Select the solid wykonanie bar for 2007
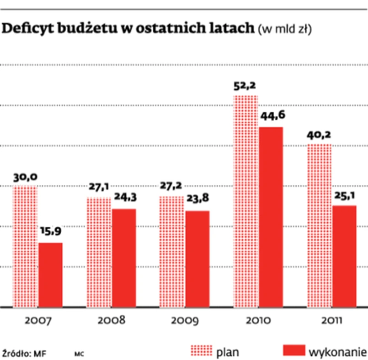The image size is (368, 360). (x=50, y=274)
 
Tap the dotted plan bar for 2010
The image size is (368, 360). (x=245, y=201)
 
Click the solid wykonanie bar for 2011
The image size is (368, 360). (x=344, y=256)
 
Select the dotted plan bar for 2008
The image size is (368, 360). (x=99, y=252)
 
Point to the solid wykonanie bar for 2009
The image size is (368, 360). (x=197, y=258)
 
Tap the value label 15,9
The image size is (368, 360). (x=51, y=233)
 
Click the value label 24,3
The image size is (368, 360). (x=124, y=199)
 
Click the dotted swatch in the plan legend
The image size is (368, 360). (x=202, y=350)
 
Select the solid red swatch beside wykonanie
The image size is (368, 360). (x=294, y=350)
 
